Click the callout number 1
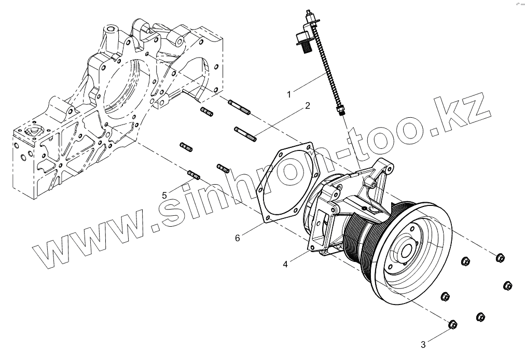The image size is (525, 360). point(289,93)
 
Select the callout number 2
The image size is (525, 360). point(308,106)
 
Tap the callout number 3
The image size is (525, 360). point(423,344)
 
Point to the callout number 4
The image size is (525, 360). point(286,264)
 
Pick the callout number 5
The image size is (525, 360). point(164,195)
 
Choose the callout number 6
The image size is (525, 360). point(237,238)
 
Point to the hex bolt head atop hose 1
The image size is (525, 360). point(301,40)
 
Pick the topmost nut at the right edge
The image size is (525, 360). point(500,257)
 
